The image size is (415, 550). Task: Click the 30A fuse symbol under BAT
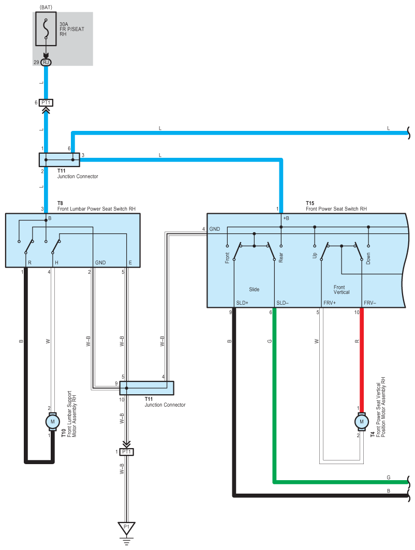pos(46,29)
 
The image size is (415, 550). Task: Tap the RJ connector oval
pos(46,63)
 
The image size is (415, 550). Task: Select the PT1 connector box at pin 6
pos(46,103)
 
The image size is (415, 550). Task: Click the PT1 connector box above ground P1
pos(127,452)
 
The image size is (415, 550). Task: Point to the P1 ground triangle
pos(127,528)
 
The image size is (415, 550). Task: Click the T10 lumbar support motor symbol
pos(53,422)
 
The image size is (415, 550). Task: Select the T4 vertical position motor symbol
pos(362,422)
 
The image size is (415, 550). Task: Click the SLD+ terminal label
pos(242,303)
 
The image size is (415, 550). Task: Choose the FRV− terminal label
pos(370,303)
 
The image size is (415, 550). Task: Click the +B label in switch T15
pos(286,218)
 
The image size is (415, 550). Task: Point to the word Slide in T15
pos(255,289)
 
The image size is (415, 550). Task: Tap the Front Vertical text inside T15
pos(342,289)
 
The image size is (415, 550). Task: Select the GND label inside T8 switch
pos(100,262)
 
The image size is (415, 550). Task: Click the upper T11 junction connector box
pos(60,159)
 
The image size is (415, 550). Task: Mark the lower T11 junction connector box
pos(146,388)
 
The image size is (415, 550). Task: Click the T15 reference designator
pos(310,203)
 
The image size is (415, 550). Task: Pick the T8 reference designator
pos(61,203)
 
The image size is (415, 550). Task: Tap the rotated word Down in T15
pos(368,259)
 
